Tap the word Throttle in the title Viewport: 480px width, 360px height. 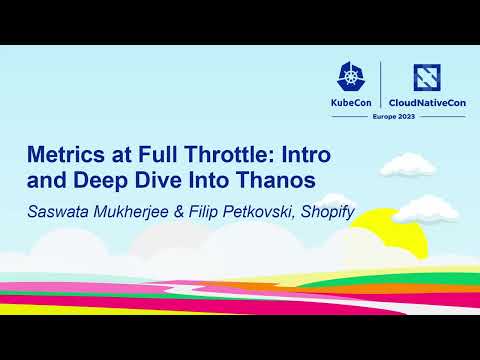pyautogui.click(x=228, y=157)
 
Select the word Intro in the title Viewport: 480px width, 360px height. pyautogui.click(x=307, y=157)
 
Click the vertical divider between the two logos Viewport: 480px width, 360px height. pyautogui.click(x=381, y=88)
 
